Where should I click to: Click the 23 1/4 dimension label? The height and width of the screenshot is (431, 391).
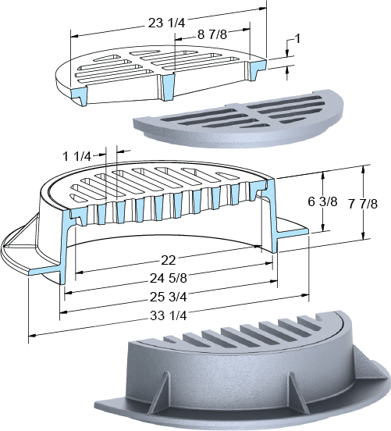(x=167, y=23)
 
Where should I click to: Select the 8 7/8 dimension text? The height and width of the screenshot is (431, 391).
(x=212, y=34)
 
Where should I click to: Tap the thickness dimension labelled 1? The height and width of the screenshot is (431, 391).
(x=297, y=39)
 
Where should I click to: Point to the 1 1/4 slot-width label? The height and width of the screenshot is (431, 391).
(x=76, y=157)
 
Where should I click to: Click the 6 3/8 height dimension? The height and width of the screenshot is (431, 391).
(x=322, y=201)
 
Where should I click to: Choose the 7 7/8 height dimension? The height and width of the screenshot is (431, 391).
(x=363, y=204)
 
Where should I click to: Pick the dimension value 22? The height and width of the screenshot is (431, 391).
(x=168, y=260)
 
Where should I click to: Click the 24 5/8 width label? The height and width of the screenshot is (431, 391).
(x=169, y=278)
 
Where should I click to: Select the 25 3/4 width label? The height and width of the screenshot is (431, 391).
(x=169, y=297)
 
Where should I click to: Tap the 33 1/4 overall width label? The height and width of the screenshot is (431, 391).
(x=169, y=315)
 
